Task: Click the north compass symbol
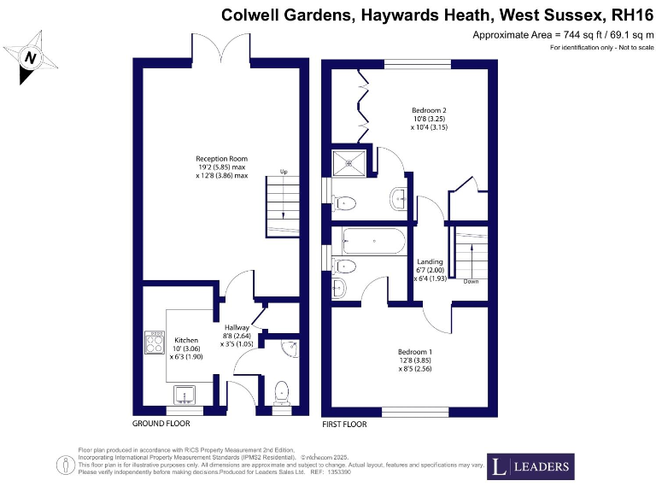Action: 32,57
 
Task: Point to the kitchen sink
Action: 185,395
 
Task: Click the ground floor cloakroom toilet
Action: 283,394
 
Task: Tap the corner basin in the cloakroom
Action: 290,347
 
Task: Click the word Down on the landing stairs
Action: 471,280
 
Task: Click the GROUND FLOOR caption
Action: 161,424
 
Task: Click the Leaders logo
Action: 530,466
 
